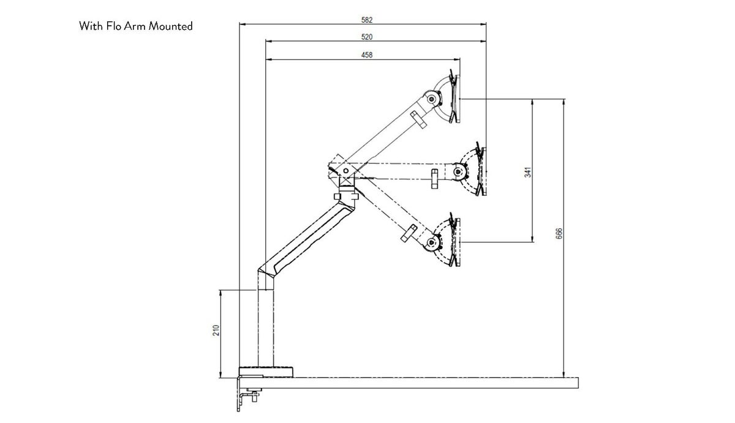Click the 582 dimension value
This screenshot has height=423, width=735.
click(x=367, y=20)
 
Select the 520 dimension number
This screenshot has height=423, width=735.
click(x=367, y=37)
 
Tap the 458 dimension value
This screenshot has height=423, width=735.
click(x=367, y=55)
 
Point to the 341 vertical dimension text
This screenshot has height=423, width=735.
click(x=528, y=172)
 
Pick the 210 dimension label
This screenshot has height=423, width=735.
click(x=216, y=331)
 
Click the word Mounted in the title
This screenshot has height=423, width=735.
click(x=171, y=26)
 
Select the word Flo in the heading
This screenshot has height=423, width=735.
click(x=115, y=26)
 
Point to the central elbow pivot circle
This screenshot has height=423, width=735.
click(x=346, y=170)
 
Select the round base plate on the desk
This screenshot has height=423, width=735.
click(x=266, y=371)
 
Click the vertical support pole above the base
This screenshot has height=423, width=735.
click(x=266, y=331)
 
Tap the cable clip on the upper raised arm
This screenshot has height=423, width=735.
click(x=418, y=119)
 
